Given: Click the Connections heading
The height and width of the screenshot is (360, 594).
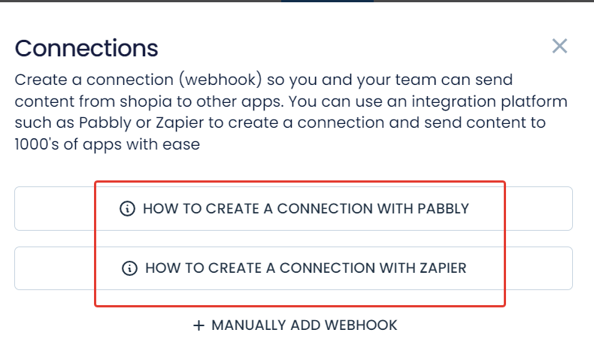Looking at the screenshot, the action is (86, 48).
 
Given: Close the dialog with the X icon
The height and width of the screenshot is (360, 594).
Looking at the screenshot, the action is (559, 46).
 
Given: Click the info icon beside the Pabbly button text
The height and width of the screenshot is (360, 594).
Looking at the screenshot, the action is (127, 209).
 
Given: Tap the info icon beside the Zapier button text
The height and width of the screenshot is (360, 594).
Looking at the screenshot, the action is (129, 268).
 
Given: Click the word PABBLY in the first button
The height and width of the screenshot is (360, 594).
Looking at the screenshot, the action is (443, 209).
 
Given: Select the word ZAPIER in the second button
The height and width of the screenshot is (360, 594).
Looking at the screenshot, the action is (443, 268).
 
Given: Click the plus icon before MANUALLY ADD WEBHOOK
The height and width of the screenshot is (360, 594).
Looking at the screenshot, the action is (199, 325).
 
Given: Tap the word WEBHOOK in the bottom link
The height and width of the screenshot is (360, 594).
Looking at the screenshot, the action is (361, 325).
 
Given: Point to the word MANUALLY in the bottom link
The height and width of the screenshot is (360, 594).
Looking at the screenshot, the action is (248, 325).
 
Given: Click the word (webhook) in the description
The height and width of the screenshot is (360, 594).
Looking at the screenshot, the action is (221, 80).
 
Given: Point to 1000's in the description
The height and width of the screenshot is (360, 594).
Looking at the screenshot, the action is (37, 144).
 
